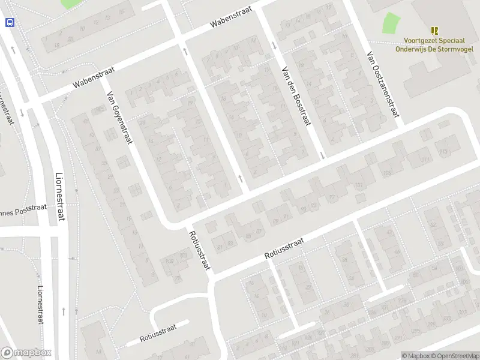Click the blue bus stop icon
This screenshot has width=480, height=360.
[x=10, y=23]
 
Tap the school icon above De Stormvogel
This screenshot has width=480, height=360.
[x=434, y=30]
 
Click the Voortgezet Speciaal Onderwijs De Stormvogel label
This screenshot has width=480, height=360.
[x=434, y=44]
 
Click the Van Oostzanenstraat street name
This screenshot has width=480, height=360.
[x=383, y=84]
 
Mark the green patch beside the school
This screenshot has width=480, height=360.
[x=391, y=23]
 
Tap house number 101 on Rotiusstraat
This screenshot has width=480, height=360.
[x=359, y=185]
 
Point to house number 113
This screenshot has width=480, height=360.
[x=443, y=151]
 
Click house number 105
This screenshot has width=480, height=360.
[x=386, y=173]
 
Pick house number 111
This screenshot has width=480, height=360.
[x=425, y=159]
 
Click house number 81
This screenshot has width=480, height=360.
[x=220, y=246]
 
